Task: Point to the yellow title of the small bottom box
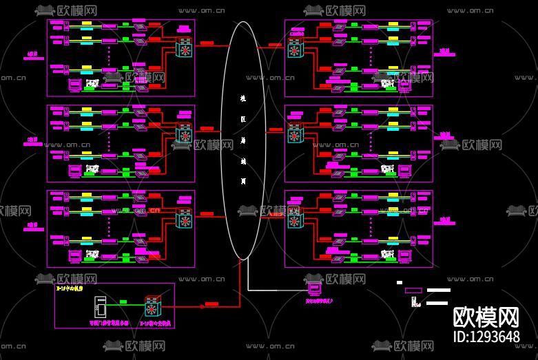[x=70, y=289]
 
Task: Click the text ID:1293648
[x=486, y=337]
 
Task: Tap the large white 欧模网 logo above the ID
[x=486, y=317]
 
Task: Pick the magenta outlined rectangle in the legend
[x=413, y=290]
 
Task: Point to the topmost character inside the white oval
[x=243, y=98]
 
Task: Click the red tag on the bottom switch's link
[x=211, y=304]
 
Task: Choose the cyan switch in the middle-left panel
[x=185, y=134]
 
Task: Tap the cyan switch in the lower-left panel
[x=185, y=220]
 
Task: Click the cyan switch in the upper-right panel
[x=295, y=50]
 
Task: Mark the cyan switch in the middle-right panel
[x=295, y=134]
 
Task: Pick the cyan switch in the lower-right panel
[x=295, y=221]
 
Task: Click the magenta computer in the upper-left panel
[x=74, y=85]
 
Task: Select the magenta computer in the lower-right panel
[x=405, y=257]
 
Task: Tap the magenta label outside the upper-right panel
[x=445, y=52]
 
